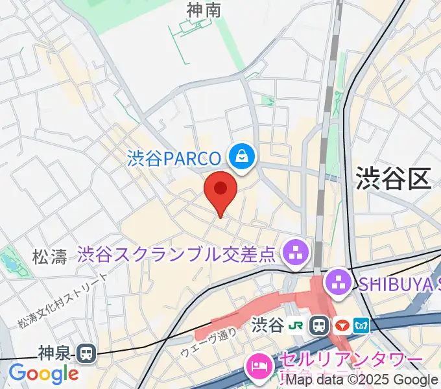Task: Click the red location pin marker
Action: click(220, 190)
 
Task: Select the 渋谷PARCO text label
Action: click(173, 157)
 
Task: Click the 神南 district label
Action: click(204, 11)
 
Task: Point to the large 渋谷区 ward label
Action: click(393, 178)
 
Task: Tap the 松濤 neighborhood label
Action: click(50, 257)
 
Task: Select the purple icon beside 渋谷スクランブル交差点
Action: click(296, 253)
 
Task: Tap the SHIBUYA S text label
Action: click(396, 282)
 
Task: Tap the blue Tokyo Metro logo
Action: click(361, 324)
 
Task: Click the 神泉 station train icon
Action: click(85, 353)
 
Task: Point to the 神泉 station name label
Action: click(56, 353)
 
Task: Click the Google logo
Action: click(43, 374)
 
